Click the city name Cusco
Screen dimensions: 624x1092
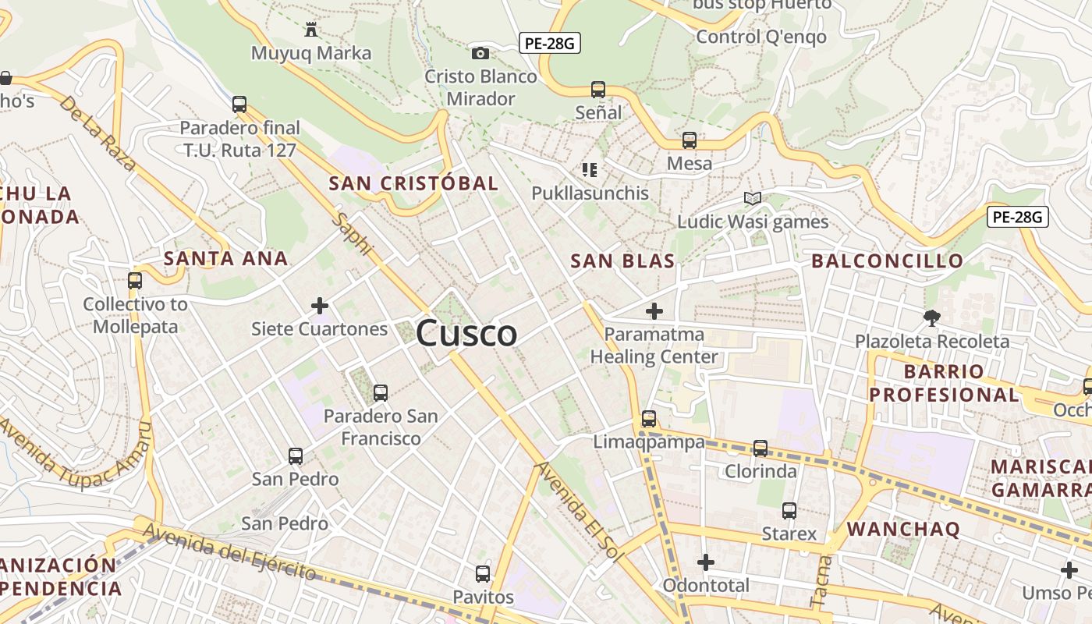[x=466, y=334]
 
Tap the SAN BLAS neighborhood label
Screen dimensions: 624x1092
[x=622, y=261]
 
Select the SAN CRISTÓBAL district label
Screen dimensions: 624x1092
[x=413, y=183]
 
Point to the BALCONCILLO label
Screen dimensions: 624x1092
[x=888, y=261]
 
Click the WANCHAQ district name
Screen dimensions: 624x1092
[x=903, y=529]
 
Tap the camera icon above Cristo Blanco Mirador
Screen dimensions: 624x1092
[x=480, y=53]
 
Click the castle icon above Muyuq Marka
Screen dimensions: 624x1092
[x=311, y=30]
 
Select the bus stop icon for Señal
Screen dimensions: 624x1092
[x=598, y=90]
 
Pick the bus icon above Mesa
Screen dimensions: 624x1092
[x=690, y=140]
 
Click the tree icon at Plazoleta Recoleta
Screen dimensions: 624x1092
[x=931, y=317]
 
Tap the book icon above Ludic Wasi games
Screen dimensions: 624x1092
[x=752, y=199]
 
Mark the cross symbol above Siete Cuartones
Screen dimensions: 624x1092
[x=320, y=306]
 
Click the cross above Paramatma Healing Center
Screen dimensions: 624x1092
[x=654, y=312]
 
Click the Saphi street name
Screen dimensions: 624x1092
[x=353, y=233]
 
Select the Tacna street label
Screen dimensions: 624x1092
[x=822, y=581]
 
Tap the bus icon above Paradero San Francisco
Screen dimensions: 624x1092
[x=381, y=393]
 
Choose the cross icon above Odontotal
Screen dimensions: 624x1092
[x=706, y=562]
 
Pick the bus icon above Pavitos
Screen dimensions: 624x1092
[x=483, y=575]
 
